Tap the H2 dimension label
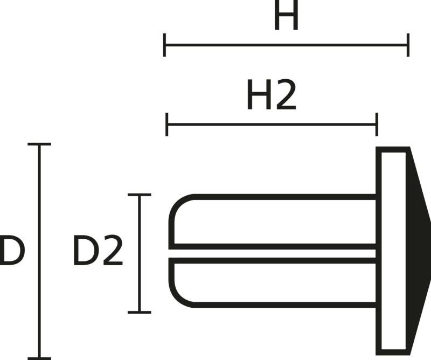click(272, 95)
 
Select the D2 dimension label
click(98, 251)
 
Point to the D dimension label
click(11, 251)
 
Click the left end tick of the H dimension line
click(165, 45)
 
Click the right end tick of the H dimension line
click(408, 45)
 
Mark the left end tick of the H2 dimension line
click(168, 124)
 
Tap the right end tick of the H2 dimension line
click(377, 124)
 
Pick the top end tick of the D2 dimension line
click(140, 195)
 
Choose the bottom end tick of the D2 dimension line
click(140, 311)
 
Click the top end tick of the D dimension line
click(39, 144)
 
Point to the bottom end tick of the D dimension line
click(39, 358)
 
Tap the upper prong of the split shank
click(275, 222)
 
